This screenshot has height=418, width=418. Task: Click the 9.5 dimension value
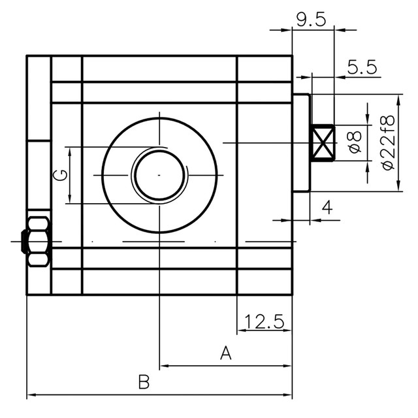310,19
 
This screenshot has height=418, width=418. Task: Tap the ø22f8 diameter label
389,142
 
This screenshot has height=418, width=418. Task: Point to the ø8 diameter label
355,142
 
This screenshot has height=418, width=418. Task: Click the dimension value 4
327,208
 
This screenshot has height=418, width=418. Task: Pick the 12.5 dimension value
264,321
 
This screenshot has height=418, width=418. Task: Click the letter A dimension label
226,354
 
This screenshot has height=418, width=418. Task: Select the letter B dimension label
144,383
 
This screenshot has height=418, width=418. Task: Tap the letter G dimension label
59,175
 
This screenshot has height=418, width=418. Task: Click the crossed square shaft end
323,143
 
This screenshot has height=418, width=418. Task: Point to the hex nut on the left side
37,242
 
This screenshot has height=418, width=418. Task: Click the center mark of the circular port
159,175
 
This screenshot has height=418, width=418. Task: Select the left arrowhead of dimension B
31,395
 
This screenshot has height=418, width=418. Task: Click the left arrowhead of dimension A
164,366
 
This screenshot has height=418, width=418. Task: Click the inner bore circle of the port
159,175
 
